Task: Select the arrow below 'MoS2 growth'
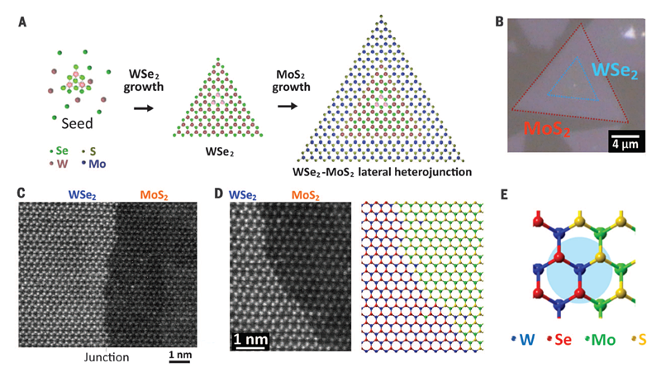click(288, 106)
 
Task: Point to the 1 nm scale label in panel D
click(249, 339)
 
